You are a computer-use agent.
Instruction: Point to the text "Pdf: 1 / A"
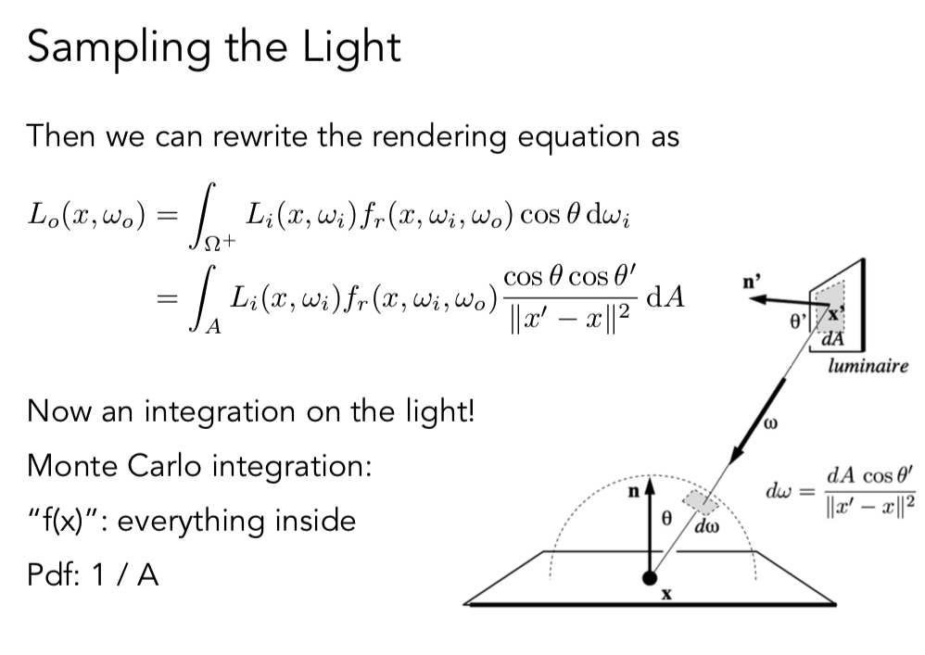click(x=93, y=575)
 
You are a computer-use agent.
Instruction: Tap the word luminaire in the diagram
click(x=868, y=367)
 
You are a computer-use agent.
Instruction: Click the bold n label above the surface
click(x=634, y=494)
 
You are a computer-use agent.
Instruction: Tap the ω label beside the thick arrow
click(x=769, y=425)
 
